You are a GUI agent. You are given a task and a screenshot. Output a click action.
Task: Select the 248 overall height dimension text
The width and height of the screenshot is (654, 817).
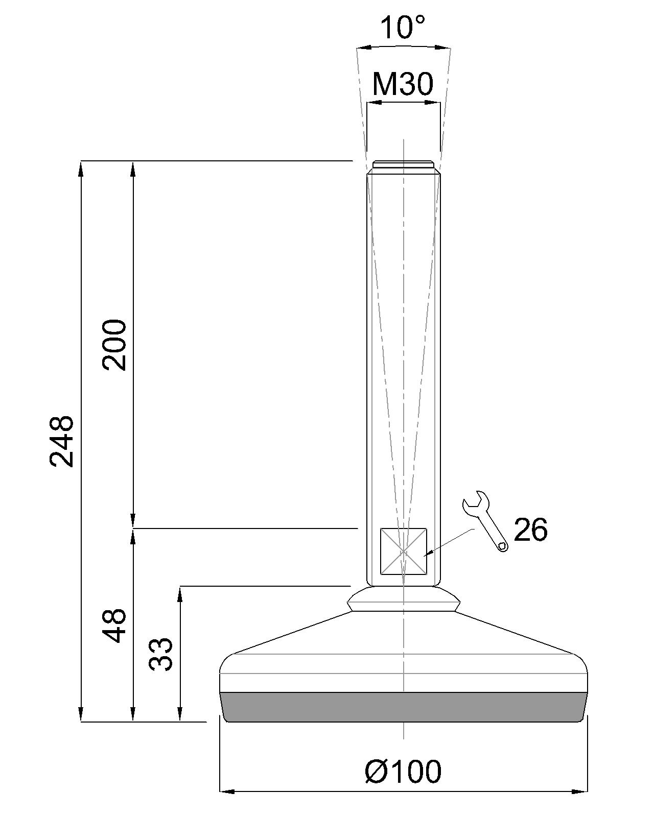tap(62, 441)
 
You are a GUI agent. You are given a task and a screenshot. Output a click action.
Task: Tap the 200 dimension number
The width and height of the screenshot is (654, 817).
tap(113, 345)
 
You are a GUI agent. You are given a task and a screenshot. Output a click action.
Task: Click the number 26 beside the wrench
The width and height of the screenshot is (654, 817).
tap(530, 530)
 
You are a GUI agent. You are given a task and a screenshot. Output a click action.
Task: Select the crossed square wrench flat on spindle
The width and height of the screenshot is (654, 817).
tap(404, 551)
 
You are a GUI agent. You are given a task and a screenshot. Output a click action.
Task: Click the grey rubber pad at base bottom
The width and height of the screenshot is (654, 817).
tap(404, 707)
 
